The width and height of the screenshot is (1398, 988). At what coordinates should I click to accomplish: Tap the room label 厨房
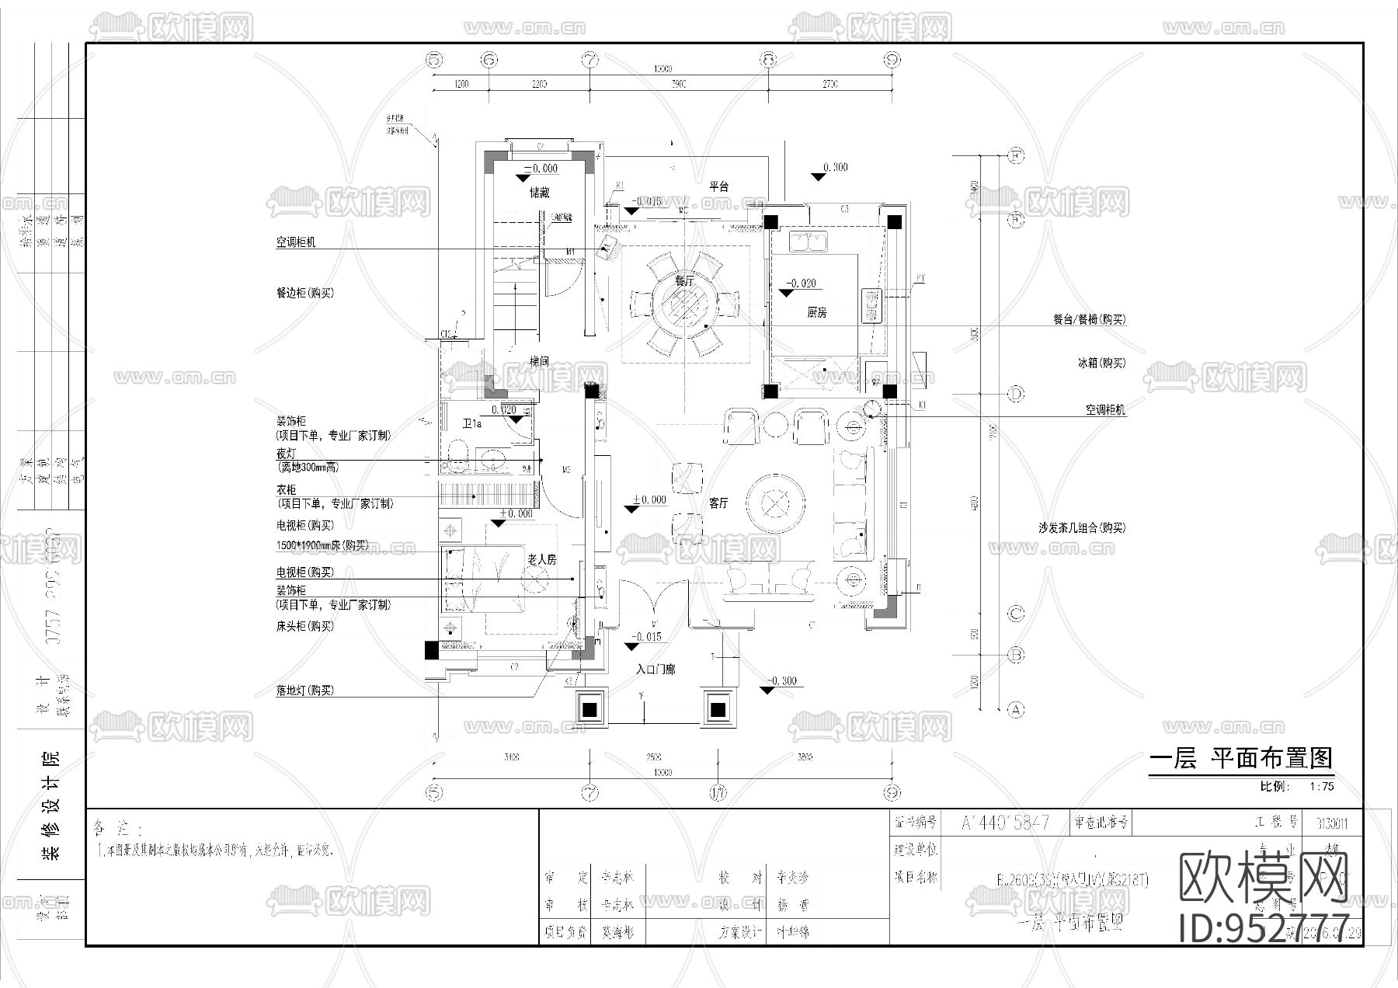point(816,312)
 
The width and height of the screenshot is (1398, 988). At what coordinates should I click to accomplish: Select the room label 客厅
point(718,503)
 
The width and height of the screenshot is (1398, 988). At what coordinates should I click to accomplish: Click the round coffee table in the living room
point(774,504)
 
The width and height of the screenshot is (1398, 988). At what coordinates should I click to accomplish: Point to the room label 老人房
point(541,559)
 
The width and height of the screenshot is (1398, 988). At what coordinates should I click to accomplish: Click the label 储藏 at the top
point(540,193)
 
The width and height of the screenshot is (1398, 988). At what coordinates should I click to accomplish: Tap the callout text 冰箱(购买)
point(1101,363)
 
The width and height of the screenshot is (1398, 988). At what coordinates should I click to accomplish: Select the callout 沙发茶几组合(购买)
point(1081,528)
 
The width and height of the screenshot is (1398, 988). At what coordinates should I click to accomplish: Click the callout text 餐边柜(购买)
point(304,294)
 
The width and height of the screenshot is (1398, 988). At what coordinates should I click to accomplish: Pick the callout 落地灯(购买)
point(304,691)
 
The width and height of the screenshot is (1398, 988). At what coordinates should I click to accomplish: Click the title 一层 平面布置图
point(1240,758)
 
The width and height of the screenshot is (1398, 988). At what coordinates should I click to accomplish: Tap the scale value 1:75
point(1321,786)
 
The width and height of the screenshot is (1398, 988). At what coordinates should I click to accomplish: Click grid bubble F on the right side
point(1016,155)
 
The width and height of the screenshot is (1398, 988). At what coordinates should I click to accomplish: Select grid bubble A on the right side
point(1016,709)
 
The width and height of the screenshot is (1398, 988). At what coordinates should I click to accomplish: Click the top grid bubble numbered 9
point(892,60)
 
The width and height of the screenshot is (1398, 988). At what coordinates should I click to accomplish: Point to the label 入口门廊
point(656,669)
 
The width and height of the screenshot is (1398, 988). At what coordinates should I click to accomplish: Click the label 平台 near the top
point(718,186)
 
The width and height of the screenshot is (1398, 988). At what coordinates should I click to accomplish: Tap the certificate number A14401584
point(1005,822)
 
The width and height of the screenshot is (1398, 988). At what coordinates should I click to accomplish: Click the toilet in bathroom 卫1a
point(457,457)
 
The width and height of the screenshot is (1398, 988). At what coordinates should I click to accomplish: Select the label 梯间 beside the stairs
point(540,361)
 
